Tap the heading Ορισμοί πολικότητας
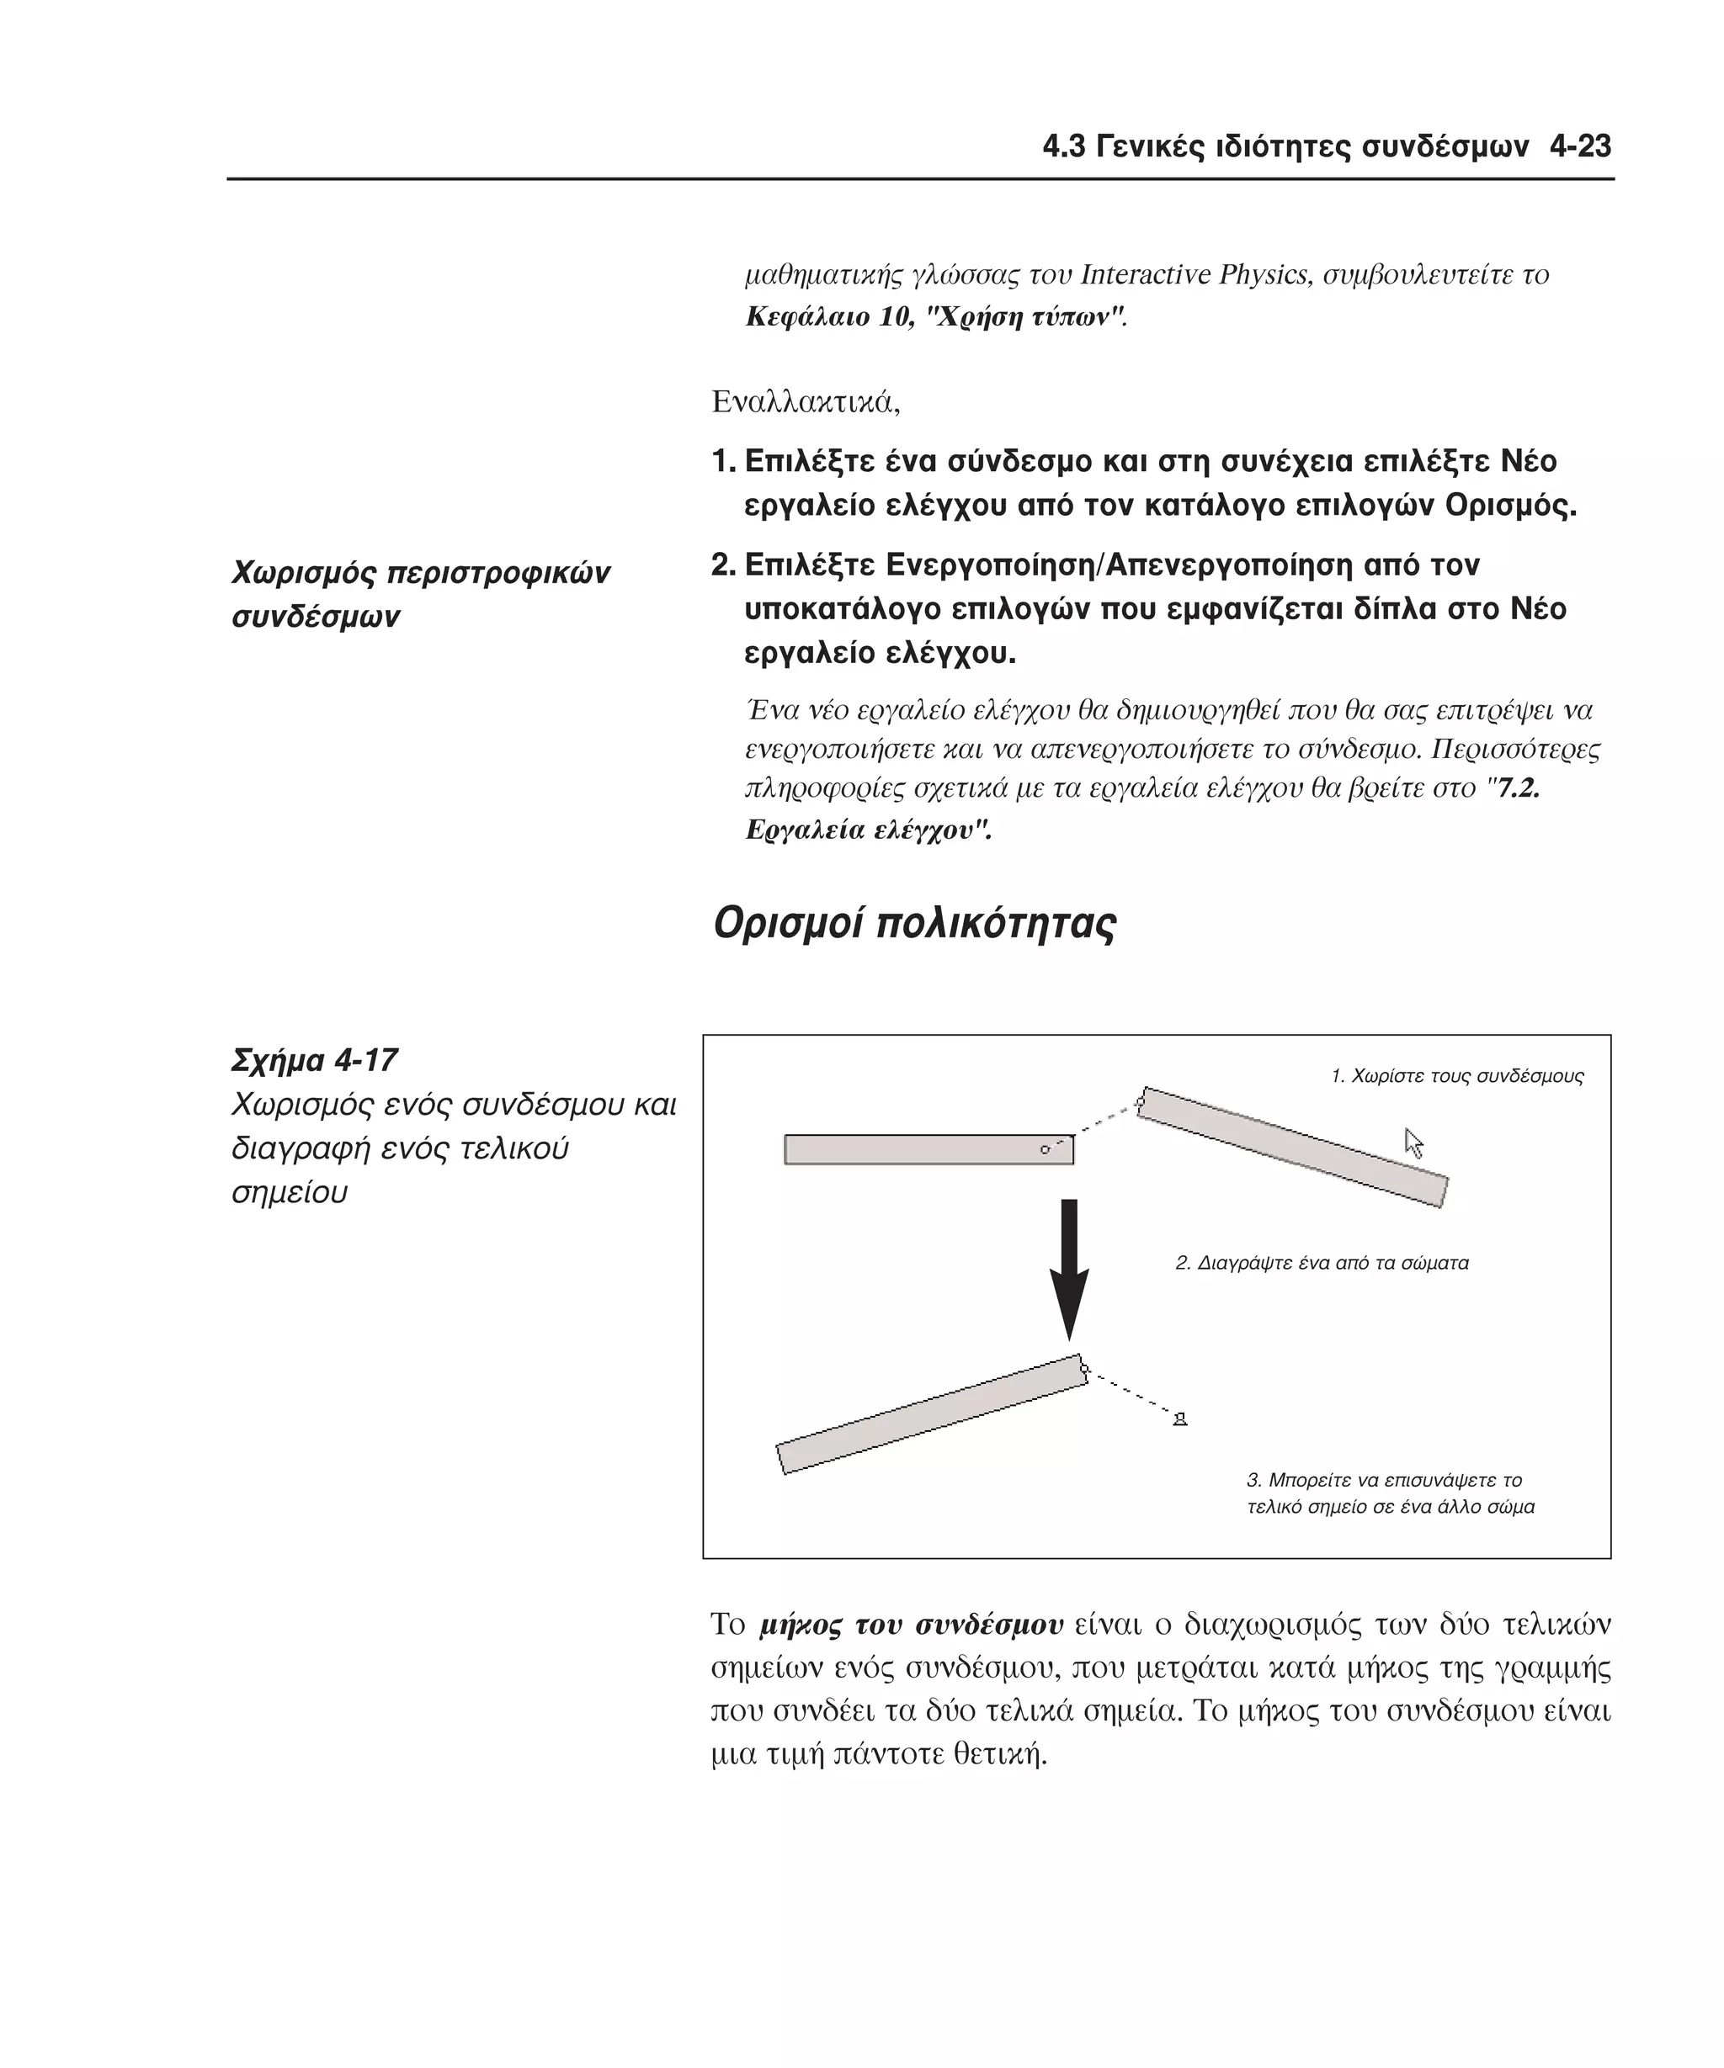pyautogui.click(x=913, y=924)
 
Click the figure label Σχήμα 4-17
pyautogui.click(x=313, y=1061)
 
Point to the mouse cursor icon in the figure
pyautogui.click(x=1413, y=1143)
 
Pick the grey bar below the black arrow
pyautogui.click(x=931, y=1415)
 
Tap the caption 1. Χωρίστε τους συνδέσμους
pyautogui.click(x=1456, y=1076)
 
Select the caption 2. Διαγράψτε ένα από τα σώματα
pyautogui.click(x=1321, y=1264)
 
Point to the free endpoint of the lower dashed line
pyautogui.click(x=1179, y=1419)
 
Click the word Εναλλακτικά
pyautogui.click(x=805, y=402)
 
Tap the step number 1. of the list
pyautogui.click(x=723, y=462)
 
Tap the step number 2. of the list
pyautogui.click(x=723, y=565)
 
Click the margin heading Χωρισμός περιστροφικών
pyautogui.click(x=421, y=573)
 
